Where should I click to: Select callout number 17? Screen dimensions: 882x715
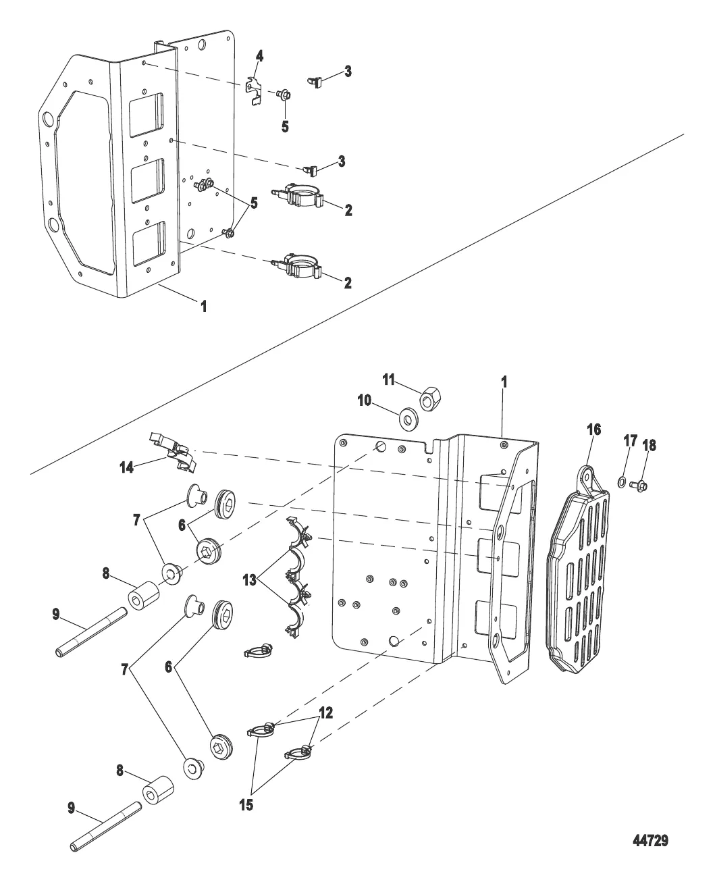[629, 442]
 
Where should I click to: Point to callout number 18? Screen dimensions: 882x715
[651, 446]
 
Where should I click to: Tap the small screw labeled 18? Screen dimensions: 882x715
[642, 485]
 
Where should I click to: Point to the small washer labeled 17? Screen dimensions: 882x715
[622, 482]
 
